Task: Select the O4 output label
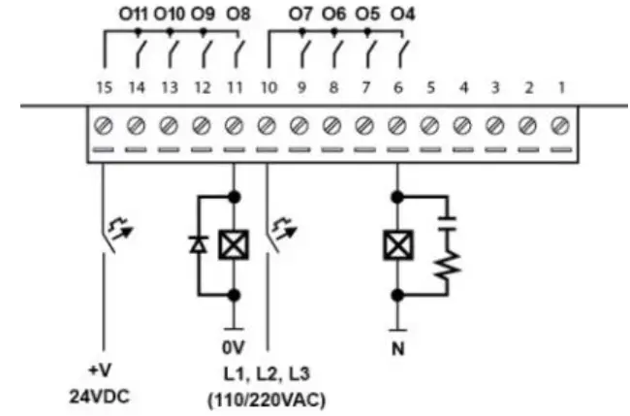click(x=402, y=16)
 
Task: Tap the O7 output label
click(x=300, y=16)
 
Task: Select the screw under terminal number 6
click(x=397, y=125)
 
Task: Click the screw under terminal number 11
click(x=234, y=125)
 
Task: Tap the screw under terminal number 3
click(x=494, y=125)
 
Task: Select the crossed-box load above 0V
click(x=234, y=245)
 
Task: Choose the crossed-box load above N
click(x=397, y=245)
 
